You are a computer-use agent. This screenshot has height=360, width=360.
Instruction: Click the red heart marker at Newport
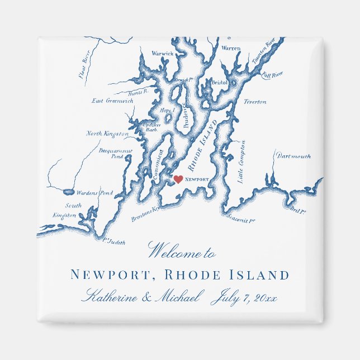[178, 179]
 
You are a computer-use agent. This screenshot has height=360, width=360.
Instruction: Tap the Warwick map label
[163, 54]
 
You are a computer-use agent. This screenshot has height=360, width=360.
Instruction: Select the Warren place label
[231, 49]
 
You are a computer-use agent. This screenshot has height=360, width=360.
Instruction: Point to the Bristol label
[220, 83]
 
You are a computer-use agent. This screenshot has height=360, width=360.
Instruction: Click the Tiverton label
[255, 102]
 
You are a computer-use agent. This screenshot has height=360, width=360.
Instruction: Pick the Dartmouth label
[293, 157]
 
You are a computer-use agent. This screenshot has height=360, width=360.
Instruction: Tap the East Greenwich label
[112, 101]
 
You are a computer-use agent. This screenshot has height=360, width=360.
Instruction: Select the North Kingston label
[107, 134]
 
